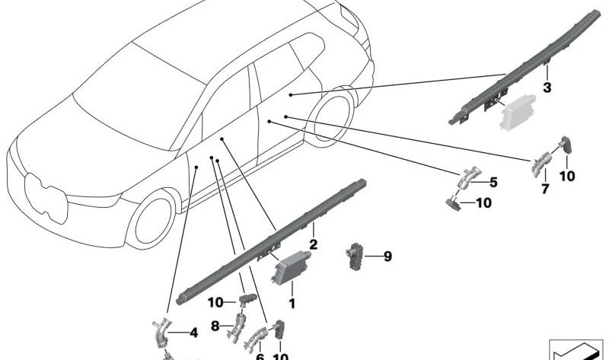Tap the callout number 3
[x=547, y=88]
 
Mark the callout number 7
[x=545, y=189]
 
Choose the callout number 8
[x=215, y=327]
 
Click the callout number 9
[x=387, y=256]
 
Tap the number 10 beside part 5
[x=484, y=203]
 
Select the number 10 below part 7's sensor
[x=568, y=176]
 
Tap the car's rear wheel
[x=330, y=113]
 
